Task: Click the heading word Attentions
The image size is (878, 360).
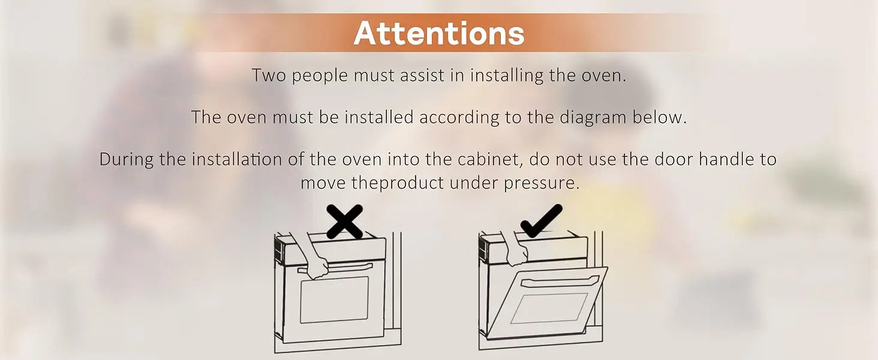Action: click(x=439, y=33)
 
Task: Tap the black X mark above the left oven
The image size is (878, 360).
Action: click(x=345, y=221)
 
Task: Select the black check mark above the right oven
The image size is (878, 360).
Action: click(x=542, y=221)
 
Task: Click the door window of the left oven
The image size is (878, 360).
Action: click(x=334, y=299)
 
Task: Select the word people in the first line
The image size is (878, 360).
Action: click(x=320, y=76)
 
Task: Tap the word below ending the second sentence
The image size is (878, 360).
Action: click(x=660, y=117)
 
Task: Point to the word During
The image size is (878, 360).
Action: click(x=126, y=160)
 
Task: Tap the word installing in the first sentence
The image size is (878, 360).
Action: click(x=507, y=76)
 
